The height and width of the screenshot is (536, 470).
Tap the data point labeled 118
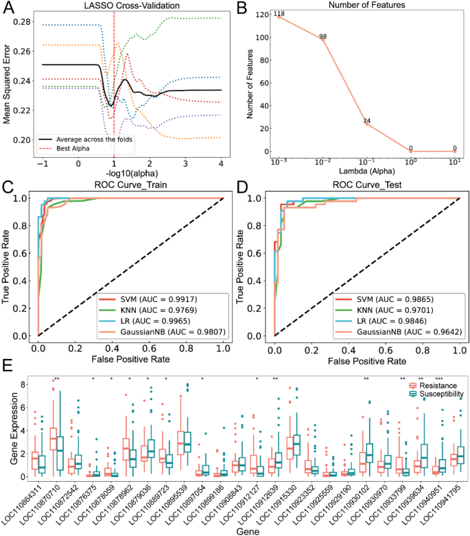[280, 16]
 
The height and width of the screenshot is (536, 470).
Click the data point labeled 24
[367, 123]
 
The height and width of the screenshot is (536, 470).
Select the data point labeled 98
[323, 39]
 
